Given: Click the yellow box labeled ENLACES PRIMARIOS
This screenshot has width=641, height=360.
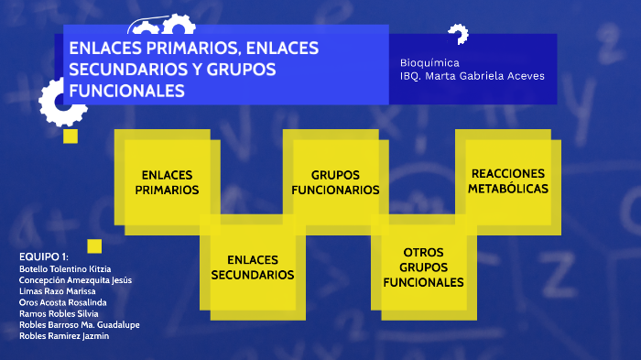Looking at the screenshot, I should point(167,181).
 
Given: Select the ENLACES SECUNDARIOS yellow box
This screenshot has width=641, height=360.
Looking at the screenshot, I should point(253,267).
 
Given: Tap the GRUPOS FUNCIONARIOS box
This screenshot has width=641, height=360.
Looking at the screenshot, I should point(335,181).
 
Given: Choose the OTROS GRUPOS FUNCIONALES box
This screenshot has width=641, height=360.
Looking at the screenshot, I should point(423,267).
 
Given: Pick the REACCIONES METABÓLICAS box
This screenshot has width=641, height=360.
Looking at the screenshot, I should point(507,180).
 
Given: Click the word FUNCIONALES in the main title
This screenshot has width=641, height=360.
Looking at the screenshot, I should point(127,91).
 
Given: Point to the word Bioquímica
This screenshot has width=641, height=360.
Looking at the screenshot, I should point(429,62).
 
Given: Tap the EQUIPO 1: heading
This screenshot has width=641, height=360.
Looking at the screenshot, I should point(44,255).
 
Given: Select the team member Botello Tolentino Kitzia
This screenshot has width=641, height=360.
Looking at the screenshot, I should point(65,268).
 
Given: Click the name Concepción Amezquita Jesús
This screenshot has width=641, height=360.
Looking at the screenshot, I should point(75,279).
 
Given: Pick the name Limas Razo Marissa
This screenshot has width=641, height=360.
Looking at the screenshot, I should point(57,290).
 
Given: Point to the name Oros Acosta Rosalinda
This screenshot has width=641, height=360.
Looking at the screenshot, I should point(62,302).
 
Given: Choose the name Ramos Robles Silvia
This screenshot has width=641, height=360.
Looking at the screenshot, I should point(59,313).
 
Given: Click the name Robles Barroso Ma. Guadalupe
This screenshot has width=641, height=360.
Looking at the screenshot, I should point(79,324).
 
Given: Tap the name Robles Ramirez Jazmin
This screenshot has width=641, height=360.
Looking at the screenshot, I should point(63,336).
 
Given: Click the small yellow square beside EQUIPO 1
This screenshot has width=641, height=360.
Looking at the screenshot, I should point(93,245).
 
